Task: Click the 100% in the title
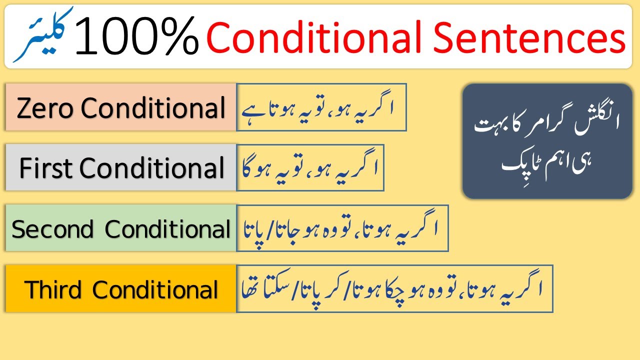(136, 36)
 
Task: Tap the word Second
(53, 229)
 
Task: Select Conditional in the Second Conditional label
(167, 229)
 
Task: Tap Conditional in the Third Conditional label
(155, 289)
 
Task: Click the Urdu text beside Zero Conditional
(320, 107)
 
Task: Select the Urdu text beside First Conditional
(309, 167)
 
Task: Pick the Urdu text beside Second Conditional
(341, 228)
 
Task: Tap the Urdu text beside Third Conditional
(394, 288)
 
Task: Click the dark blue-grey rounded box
(547, 141)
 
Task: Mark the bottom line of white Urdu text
(547, 160)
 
